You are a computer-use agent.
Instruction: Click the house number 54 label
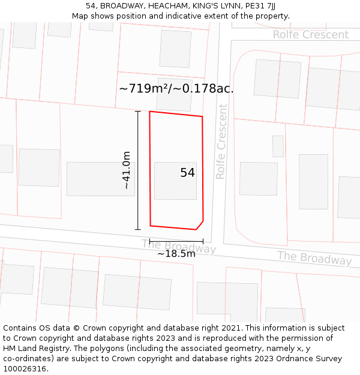187,173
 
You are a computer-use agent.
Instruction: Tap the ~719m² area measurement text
176,89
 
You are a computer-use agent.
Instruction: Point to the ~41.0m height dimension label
127,170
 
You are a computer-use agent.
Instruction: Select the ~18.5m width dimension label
176,254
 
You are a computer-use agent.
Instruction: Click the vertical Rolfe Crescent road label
221,142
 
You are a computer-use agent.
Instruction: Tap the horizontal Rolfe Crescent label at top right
310,35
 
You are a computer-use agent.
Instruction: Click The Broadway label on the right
314,258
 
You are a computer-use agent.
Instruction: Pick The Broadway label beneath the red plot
178,246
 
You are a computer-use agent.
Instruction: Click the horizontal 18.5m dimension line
176,241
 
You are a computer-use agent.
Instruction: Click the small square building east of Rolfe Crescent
278,146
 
